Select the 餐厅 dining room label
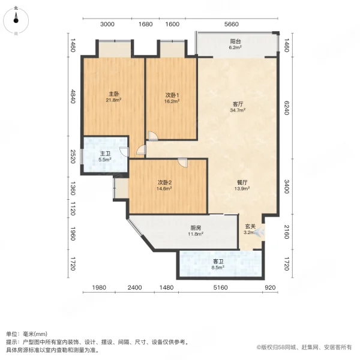click(x=243, y=185)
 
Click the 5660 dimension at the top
click(x=232, y=25)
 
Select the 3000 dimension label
click(x=107, y=25)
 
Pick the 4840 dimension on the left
click(x=72, y=97)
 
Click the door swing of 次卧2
click(x=182, y=162)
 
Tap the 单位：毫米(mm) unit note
click(x=29, y=334)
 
